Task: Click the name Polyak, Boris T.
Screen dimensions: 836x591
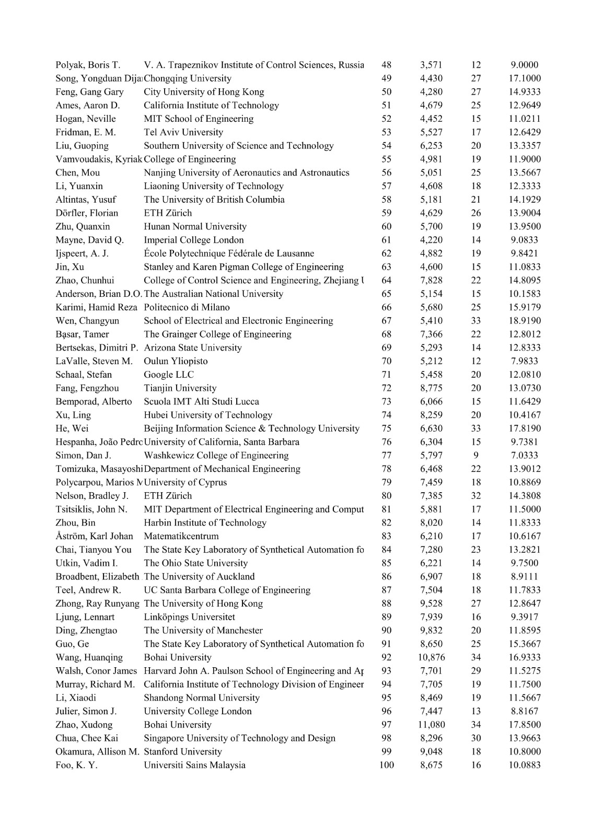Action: [88, 65]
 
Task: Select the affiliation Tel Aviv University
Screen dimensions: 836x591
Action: [183, 132]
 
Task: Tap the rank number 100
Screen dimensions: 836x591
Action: [387, 765]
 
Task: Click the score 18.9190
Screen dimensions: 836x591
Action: [525, 321]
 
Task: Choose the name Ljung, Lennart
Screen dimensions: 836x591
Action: [85, 617]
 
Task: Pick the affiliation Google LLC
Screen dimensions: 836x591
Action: [169, 375]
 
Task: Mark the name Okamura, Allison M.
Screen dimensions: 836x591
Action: [98, 751]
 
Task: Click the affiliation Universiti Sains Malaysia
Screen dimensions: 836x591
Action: [194, 765]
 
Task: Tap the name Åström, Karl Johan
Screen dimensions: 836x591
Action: [95, 536]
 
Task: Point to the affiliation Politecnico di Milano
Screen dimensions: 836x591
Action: [187, 307]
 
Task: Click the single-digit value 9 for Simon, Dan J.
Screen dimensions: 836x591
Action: [476, 456]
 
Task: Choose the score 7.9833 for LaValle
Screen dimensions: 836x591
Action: [525, 361]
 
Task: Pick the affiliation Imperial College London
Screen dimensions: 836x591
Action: [194, 240]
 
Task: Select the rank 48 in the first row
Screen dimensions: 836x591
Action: [387, 65]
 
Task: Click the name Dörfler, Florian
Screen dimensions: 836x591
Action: [87, 213]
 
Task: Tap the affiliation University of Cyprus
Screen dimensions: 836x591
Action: [186, 482]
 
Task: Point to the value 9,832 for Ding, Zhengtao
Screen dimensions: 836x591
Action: [431, 631]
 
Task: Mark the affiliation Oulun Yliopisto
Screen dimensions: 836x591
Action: [176, 361]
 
